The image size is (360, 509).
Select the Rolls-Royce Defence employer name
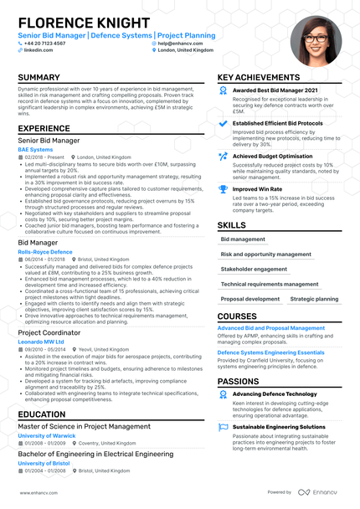click(x=44, y=252)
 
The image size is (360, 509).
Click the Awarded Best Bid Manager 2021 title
click(x=275, y=90)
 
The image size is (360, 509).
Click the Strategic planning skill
click(x=314, y=299)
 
